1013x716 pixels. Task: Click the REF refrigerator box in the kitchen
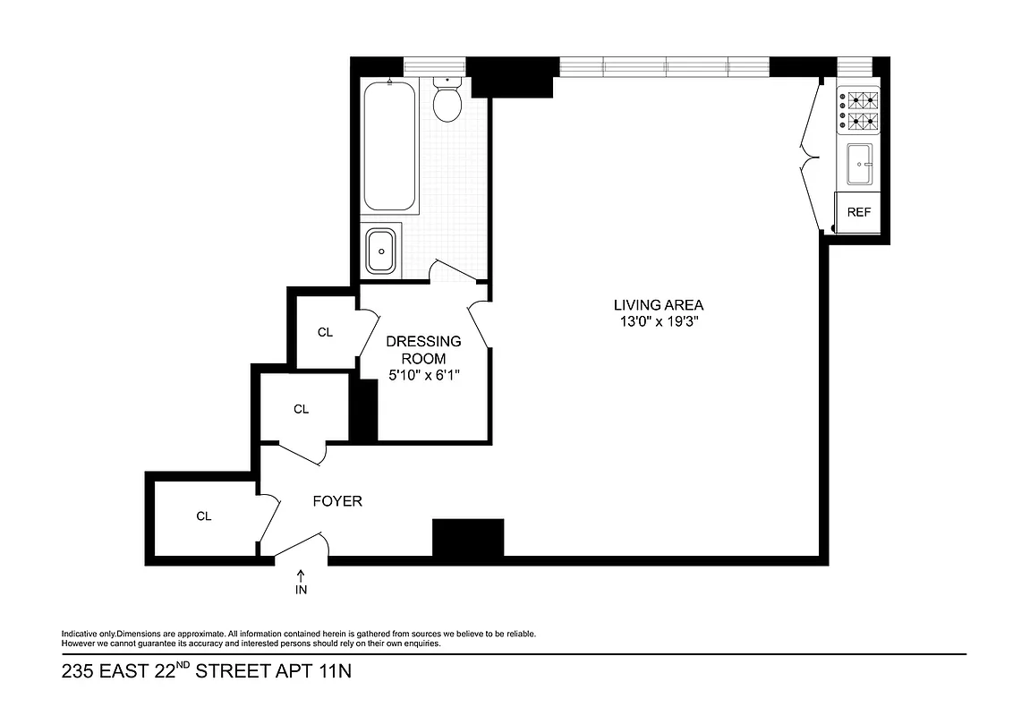(x=859, y=213)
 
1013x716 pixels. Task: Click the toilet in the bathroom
(x=447, y=101)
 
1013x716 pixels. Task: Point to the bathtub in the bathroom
(x=390, y=146)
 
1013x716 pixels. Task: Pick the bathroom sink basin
(x=382, y=250)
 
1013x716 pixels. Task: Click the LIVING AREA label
(x=658, y=304)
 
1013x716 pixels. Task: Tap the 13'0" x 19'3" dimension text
(x=658, y=322)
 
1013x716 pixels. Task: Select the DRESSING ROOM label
(x=423, y=350)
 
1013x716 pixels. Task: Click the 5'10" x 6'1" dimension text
(x=423, y=376)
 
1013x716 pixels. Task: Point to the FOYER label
(x=337, y=501)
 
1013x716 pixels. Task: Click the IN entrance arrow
(x=301, y=580)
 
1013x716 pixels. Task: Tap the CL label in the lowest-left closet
(x=203, y=516)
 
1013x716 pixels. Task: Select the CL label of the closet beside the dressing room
(x=325, y=332)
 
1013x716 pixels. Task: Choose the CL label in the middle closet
(x=301, y=409)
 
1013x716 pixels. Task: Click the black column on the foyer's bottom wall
(x=468, y=538)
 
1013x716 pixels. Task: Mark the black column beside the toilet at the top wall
(x=509, y=77)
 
